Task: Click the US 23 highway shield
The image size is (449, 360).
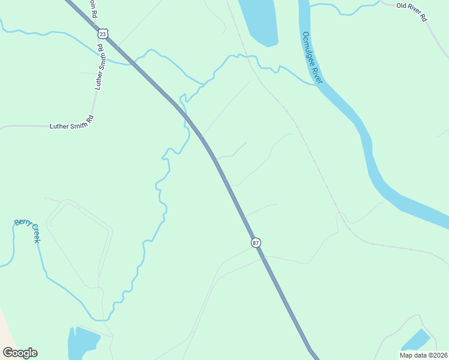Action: (x=103, y=34)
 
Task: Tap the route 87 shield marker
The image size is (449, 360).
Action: (x=256, y=242)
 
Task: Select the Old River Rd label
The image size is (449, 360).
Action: (x=411, y=13)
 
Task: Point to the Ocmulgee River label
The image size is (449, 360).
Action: (x=313, y=58)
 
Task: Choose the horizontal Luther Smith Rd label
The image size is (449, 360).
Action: (x=72, y=126)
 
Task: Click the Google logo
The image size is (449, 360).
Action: (x=20, y=353)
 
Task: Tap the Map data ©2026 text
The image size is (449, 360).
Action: (x=423, y=355)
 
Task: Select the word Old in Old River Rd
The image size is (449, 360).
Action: (x=402, y=6)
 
